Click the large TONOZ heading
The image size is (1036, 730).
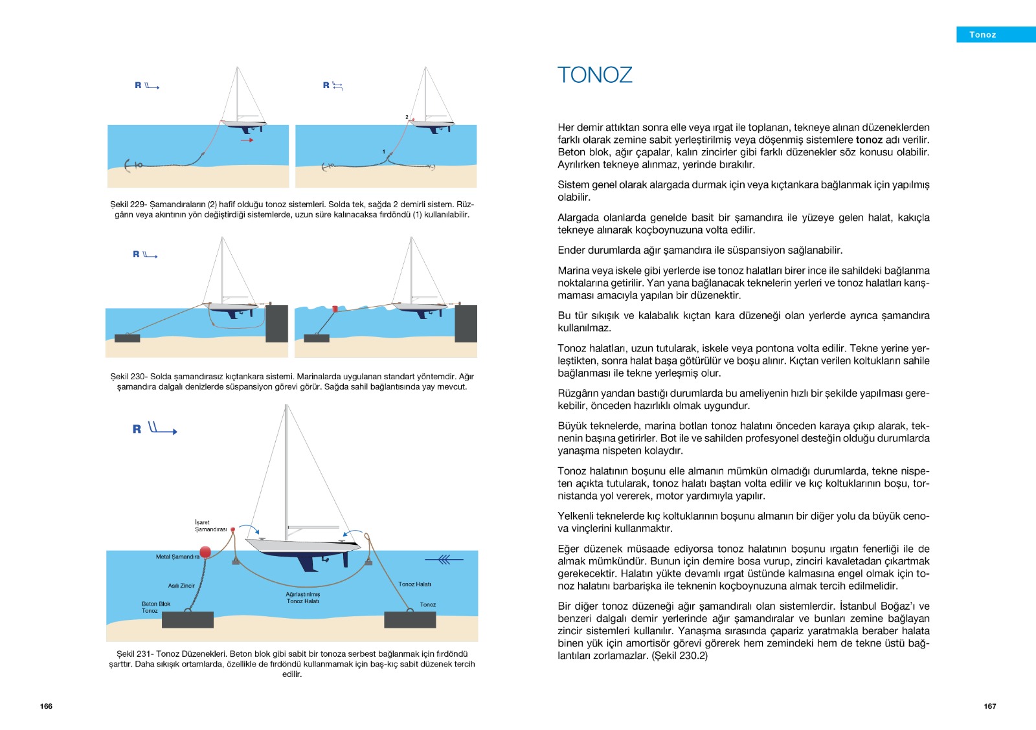[x=595, y=75]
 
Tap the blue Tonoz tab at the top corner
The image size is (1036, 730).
[x=996, y=35]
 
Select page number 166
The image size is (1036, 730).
[x=46, y=706]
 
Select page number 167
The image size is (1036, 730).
[x=990, y=706]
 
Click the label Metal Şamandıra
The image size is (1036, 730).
[x=177, y=557]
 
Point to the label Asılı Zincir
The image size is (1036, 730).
[x=181, y=585]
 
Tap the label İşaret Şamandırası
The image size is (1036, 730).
[x=210, y=525]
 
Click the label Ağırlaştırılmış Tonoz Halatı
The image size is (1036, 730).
[x=303, y=598]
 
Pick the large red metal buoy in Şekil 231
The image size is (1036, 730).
[x=205, y=551]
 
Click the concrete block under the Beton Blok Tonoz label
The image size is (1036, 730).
[x=188, y=619]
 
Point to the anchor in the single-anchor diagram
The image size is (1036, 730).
[x=131, y=165]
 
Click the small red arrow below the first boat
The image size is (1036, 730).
[x=247, y=140]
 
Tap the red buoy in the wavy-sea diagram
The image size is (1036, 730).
[x=335, y=308]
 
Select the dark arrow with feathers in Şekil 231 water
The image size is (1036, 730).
[x=444, y=559]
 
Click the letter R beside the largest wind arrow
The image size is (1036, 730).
[x=137, y=429]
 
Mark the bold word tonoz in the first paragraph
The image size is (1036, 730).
[x=869, y=140]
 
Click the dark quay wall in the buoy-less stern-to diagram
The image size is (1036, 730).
[x=276, y=323]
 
